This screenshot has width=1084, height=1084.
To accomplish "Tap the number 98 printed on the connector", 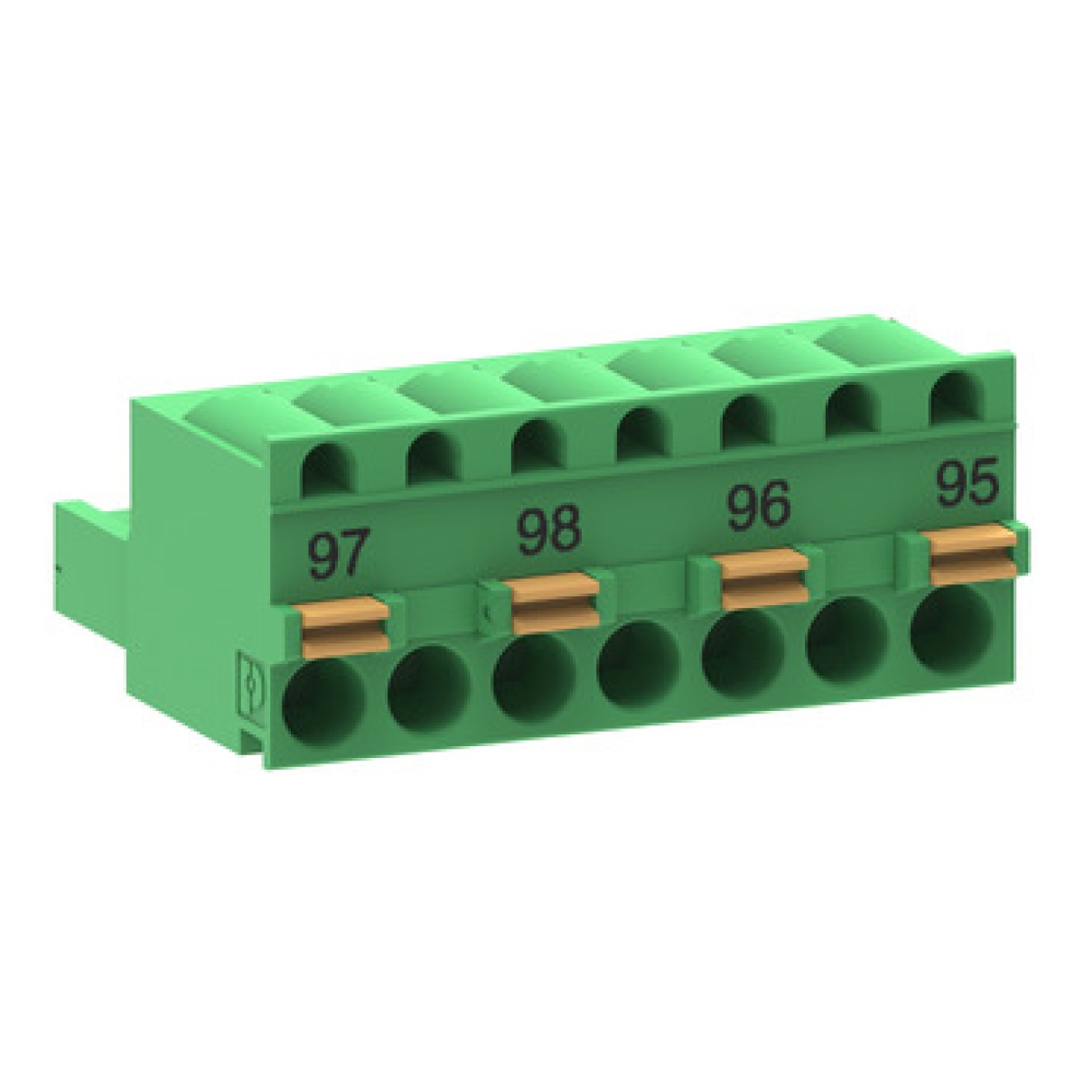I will [548, 530].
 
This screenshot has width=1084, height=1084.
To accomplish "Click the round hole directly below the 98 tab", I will [534, 680].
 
